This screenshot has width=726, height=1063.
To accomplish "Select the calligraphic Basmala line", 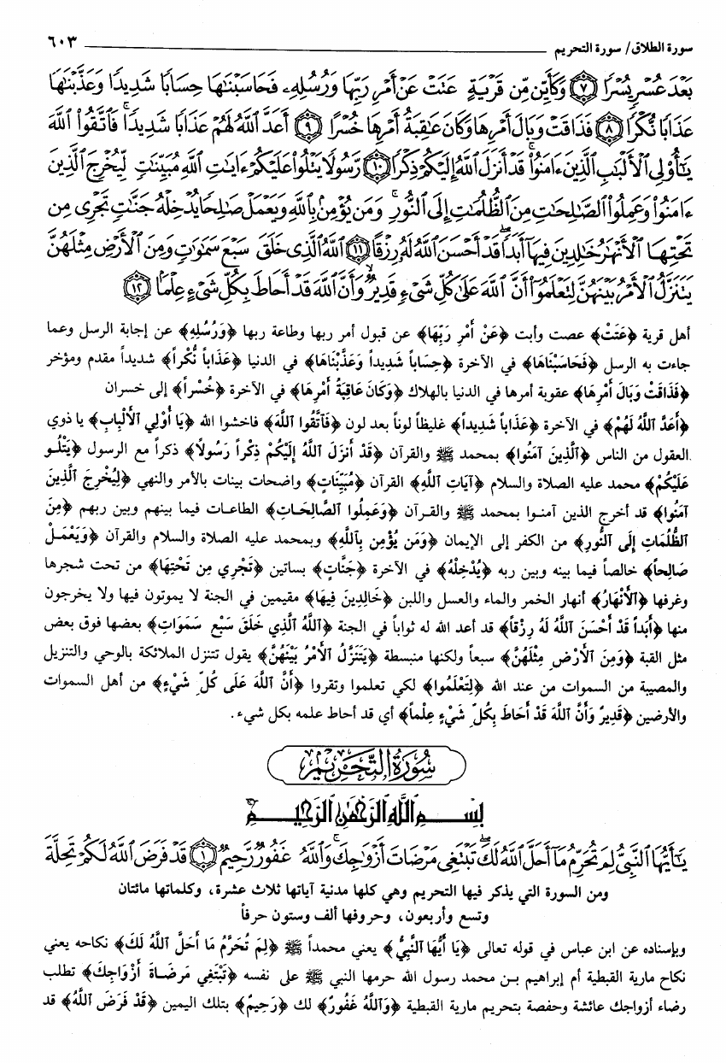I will coord(362,805).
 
